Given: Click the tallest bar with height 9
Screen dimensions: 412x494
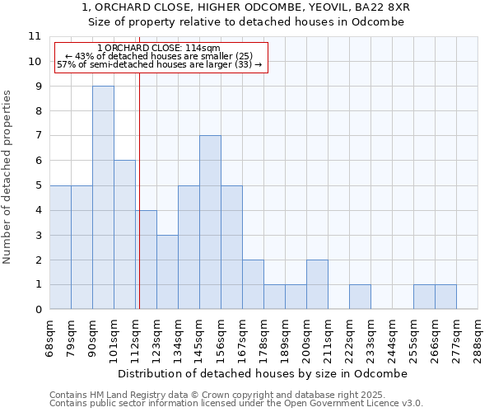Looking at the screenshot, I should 103,198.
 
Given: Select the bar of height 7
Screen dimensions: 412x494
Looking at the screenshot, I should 210,222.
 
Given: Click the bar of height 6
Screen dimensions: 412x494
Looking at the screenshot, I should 124,235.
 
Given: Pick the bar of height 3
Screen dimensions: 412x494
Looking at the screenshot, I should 167,272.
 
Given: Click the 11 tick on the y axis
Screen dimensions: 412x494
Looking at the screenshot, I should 34,37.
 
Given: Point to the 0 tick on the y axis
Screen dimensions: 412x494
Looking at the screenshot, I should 37,310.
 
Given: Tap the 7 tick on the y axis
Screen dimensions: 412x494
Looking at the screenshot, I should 37,136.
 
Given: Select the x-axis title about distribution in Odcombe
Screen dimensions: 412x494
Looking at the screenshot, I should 263,373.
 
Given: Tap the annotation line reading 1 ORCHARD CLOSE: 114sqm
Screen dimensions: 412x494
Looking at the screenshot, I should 158,49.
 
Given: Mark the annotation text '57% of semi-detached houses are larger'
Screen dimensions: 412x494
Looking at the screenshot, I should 159,64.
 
